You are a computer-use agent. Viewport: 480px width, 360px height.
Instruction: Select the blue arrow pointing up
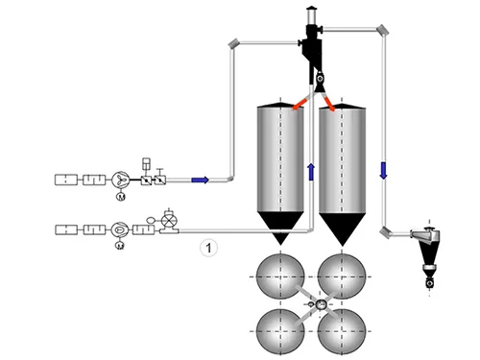point(311,172)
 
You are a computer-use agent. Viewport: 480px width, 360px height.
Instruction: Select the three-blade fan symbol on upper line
point(122,179)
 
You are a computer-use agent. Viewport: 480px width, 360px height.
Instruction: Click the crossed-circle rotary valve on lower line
point(170,222)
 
